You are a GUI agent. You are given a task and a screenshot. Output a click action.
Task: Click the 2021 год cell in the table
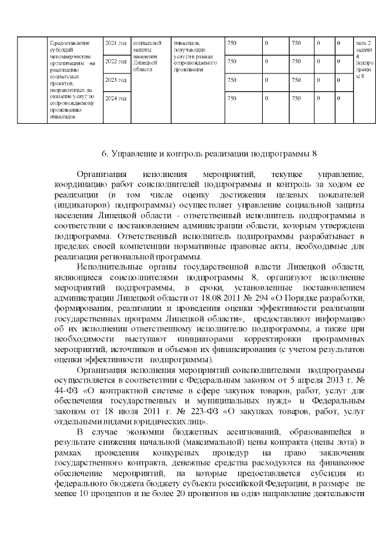[115, 43]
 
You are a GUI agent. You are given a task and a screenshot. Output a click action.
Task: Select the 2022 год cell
[115, 61]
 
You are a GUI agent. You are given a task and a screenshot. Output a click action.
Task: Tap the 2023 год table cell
[115, 80]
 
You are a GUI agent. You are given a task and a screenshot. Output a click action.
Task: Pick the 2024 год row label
[115, 97]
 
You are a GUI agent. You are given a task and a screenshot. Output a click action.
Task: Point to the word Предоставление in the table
[69, 43]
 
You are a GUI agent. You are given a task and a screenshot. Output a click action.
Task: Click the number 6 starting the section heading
[104, 154]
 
